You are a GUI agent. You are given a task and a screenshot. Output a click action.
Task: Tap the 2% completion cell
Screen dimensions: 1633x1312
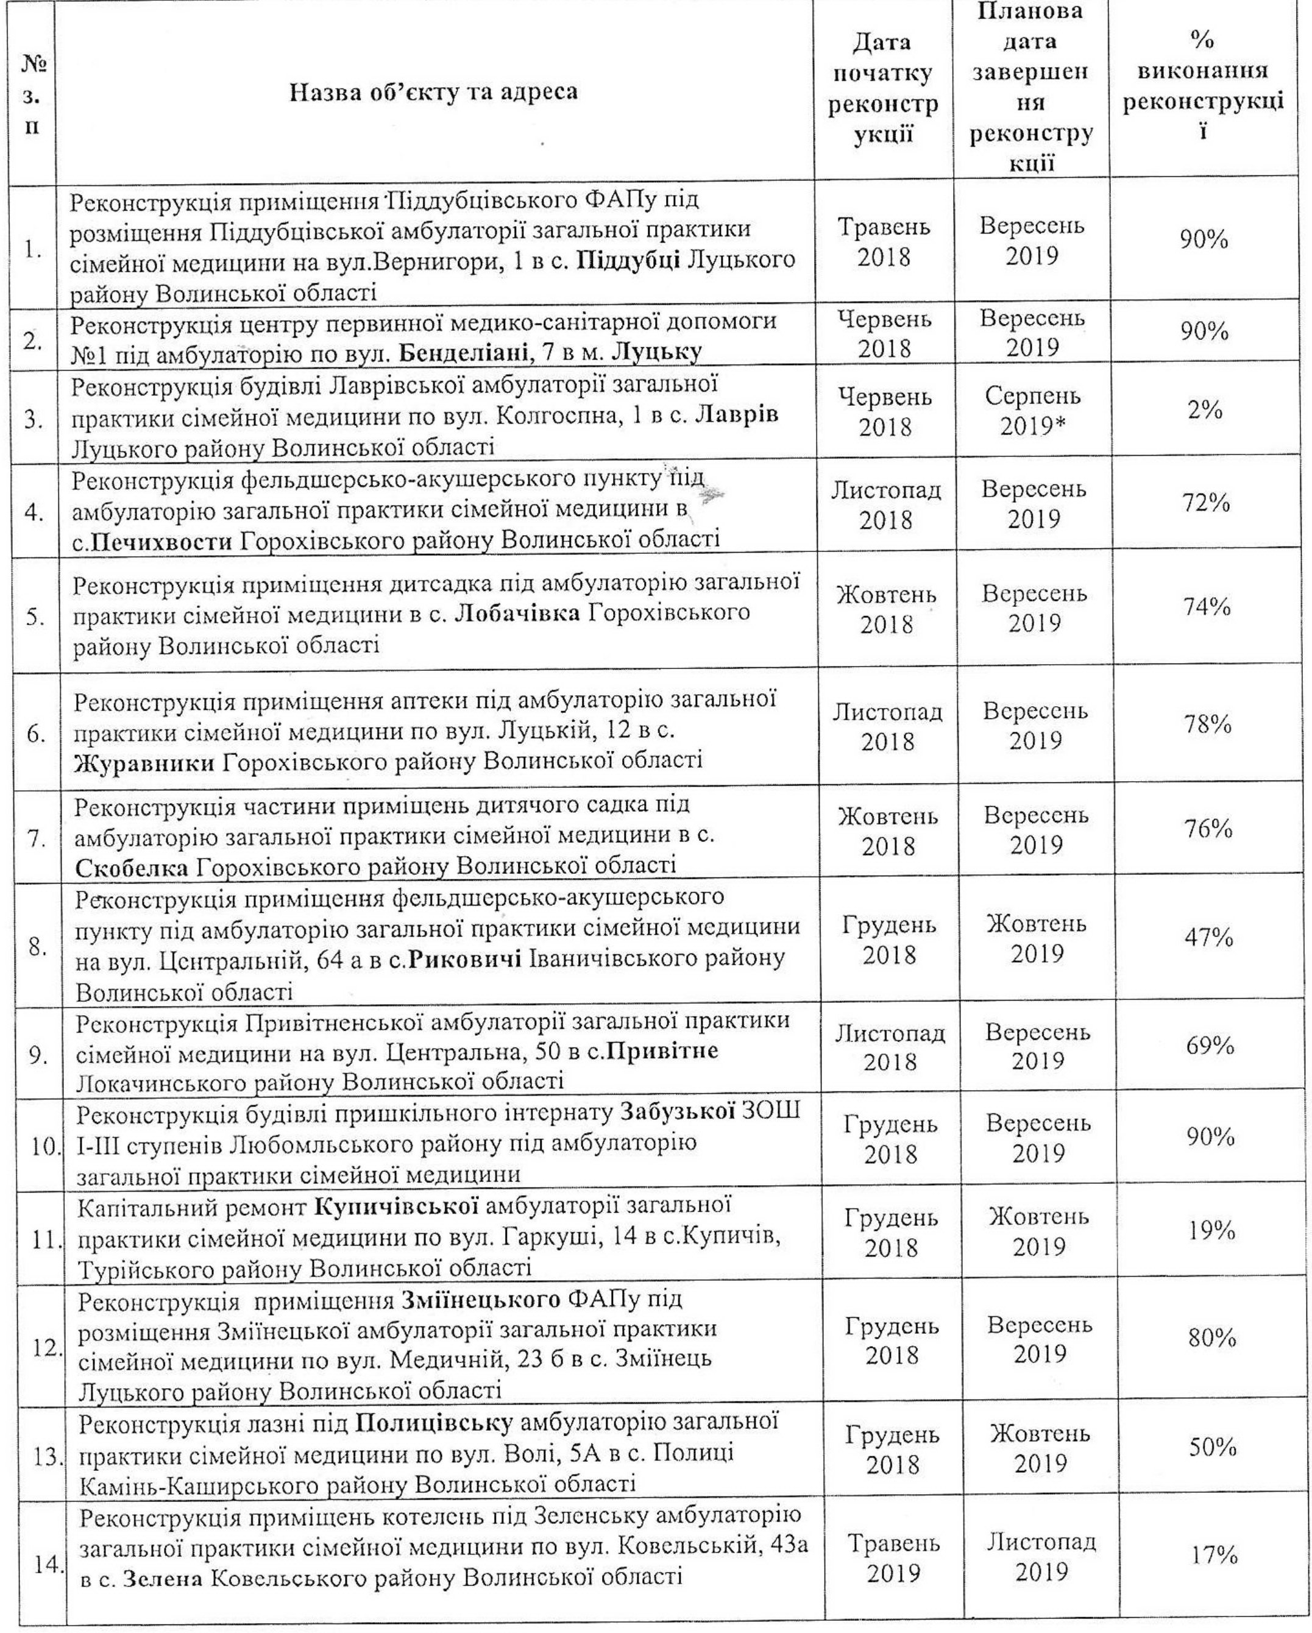click(x=1204, y=411)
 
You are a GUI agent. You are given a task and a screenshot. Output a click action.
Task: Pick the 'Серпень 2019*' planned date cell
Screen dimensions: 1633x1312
click(x=1034, y=411)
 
